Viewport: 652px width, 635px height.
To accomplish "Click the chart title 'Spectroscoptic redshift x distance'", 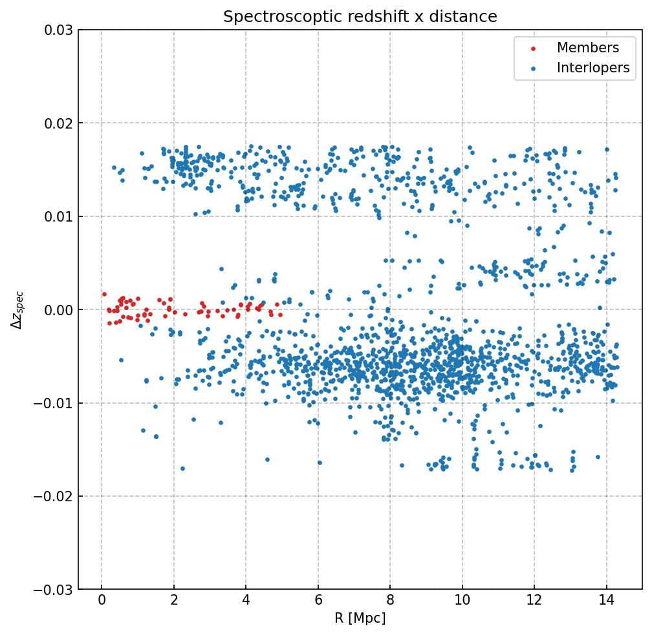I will pyautogui.click(x=360, y=17).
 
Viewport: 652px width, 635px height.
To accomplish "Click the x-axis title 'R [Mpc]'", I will pyautogui.click(x=360, y=618).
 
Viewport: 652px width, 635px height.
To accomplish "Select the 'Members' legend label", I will pyautogui.click(x=588, y=48).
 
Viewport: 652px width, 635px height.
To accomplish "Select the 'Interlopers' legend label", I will pyautogui.click(x=593, y=68).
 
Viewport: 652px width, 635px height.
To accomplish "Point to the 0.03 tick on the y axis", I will pyautogui.click(x=60, y=30).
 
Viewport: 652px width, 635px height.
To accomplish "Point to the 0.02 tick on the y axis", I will pyautogui.click(x=60, y=123).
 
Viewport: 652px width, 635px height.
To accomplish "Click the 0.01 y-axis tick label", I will pyautogui.click(x=60, y=216).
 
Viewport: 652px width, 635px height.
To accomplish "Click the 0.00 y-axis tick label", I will pyautogui.click(x=60, y=310).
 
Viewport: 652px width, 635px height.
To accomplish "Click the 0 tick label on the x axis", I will pyautogui.click(x=102, y=601).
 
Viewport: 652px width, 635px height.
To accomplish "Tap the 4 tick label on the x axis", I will pyautogui.click(x=246, y=601).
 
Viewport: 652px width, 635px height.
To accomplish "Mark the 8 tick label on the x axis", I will pyautogui.click(x=390, y=601).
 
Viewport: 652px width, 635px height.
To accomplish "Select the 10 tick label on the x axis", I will pyautogui.click(x=462, y=601).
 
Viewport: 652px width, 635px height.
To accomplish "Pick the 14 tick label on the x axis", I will pyautogui.click(x=606, y=601).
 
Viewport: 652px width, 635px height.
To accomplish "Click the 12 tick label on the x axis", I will pyautogui.click(x=534, y=601).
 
